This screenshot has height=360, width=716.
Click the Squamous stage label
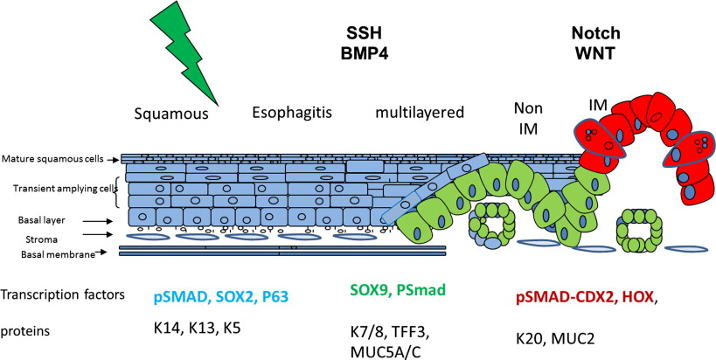(x=171, y=114)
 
